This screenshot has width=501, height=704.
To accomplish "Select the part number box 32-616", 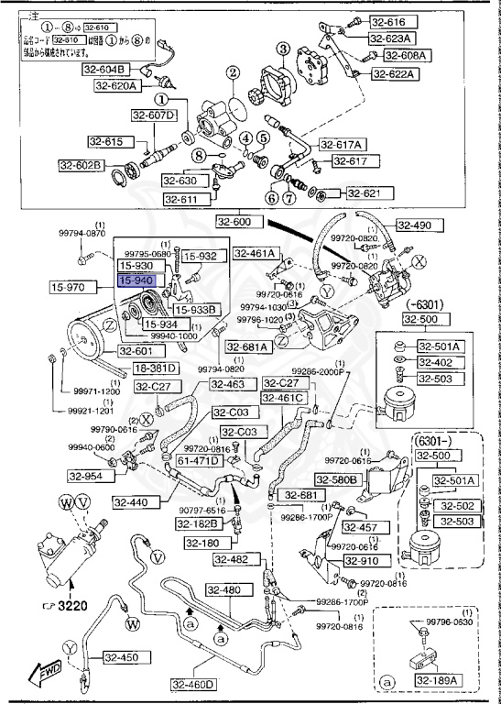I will (388, 22).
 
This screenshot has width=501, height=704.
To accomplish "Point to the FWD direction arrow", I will (45, 674).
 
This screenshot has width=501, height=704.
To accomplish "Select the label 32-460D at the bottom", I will (192, 684).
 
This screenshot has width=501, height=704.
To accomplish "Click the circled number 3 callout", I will (284, 49).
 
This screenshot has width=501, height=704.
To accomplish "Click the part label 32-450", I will (120, 656).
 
